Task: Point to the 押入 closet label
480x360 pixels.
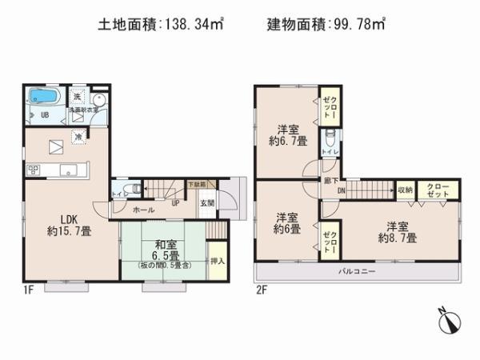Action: coord(217,261)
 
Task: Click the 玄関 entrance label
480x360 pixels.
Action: coord(207,202)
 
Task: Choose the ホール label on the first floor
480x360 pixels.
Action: coord(144,210)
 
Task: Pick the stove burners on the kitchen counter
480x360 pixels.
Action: coord(34,169)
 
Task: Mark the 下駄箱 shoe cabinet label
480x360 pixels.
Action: coord(195,185)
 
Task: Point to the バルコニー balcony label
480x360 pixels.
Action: coord(357,272)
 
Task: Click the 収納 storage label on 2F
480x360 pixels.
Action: coord(405,190)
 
